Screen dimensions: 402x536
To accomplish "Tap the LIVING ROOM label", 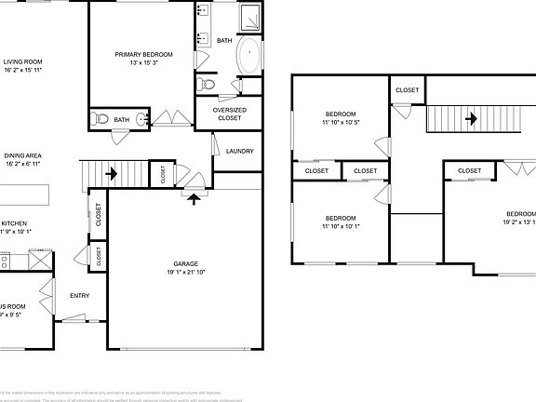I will pos(23,61).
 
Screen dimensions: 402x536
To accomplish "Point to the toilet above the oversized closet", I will pos(208,85).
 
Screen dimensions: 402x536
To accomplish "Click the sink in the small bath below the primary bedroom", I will pos(141,119).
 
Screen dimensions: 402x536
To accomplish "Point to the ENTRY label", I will pos(80,296).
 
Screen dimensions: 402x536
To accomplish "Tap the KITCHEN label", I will pos(13,223).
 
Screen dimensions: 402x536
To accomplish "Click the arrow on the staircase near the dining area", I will pos(112,173).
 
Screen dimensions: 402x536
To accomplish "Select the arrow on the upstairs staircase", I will pos(472,118).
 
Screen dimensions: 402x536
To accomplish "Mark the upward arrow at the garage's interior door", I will pos(194,195).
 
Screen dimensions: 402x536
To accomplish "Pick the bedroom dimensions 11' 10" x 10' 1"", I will pos(340,226).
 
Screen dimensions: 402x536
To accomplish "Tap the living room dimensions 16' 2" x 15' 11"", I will pos(23,70).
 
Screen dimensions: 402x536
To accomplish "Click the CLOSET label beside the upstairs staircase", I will pos(407,90).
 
